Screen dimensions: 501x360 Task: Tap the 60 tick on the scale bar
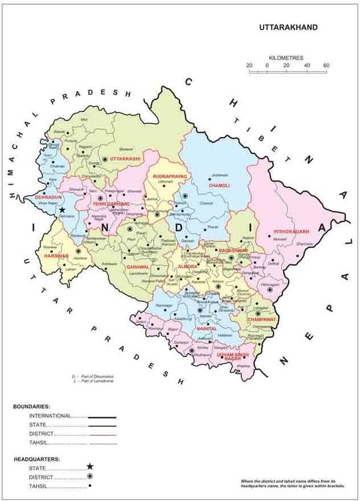pyautogui.click(x=326, y=65)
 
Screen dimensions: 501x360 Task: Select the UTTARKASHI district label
pyautogui.click(x=125, y=158)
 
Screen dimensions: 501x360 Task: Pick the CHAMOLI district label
pyautogui.click(x=219, y=185)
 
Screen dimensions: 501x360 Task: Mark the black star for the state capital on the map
pyautogui.click(x=62, y=210)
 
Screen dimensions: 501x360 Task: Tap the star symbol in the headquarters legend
pyautogui.click(x=90, y=467)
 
